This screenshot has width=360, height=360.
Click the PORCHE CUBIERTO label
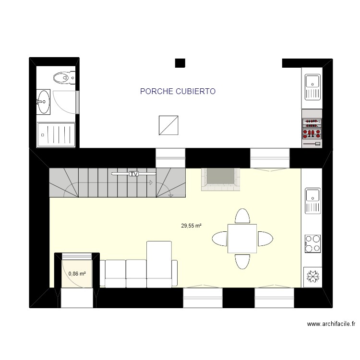pos(178,91)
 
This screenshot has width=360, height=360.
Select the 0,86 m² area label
pos(77,274)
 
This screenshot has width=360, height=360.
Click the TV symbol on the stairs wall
pos(133,174)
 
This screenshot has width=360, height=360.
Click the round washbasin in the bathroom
pos(43,102)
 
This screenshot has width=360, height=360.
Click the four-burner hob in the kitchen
pos(312,243)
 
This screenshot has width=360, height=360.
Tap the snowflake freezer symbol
pos(312,277)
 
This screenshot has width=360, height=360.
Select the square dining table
pos(242,239)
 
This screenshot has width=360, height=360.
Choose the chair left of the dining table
pos(220,239)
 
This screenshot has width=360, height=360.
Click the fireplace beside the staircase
pos(220,179)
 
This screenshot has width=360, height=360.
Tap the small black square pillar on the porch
pos(180,62)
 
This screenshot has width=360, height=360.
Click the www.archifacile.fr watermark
pos(331,324)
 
